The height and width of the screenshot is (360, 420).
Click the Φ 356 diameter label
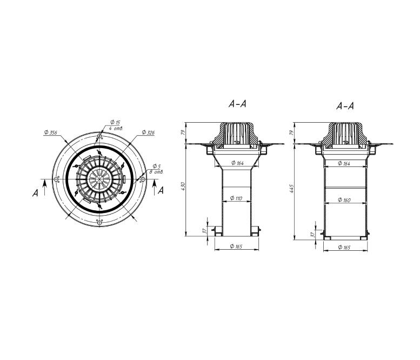51,132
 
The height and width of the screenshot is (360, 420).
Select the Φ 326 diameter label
148,132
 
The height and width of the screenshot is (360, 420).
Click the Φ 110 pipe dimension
236,198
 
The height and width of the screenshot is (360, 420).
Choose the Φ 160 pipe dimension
344,200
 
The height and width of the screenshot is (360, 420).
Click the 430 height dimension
183,186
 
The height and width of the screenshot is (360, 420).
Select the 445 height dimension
292,188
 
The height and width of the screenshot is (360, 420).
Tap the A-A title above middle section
237,104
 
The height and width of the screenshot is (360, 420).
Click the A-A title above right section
345,106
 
